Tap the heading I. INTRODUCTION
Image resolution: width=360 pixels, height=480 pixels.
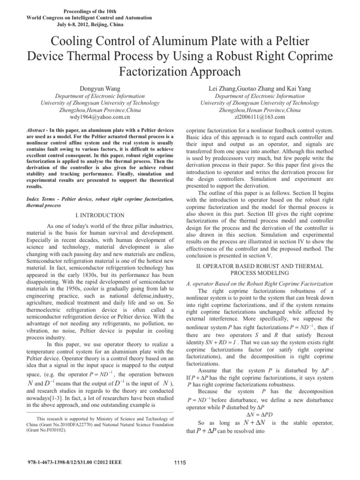[100, 215]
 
